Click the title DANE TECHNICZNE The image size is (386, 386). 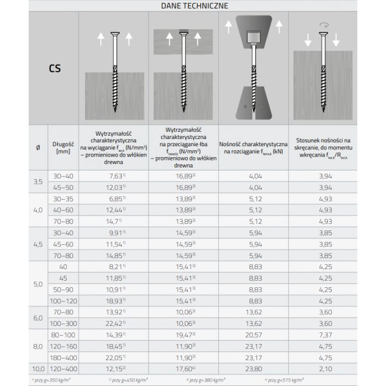pyautogui.click(x=194, y=6)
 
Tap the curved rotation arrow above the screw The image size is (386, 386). pyautogui.click(x=324, y=25)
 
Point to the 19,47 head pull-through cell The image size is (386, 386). pyautogui.click(x=184, y=335)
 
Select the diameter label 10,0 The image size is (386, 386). pyautogui.click(x=38, y=368)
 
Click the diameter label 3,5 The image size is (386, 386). pyautogui.click(x=38, y=181)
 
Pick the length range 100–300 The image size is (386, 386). pyautogui.click(x=62, y=323)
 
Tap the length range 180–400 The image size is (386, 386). pyautogui.click(x=62, y=357)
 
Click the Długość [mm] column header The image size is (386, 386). pyautogui.click(x=62, y=148)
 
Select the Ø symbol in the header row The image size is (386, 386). pyautogui.click(x=38, y=148)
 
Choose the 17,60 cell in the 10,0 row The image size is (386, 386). pyautogui.click(x=184, y=368)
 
